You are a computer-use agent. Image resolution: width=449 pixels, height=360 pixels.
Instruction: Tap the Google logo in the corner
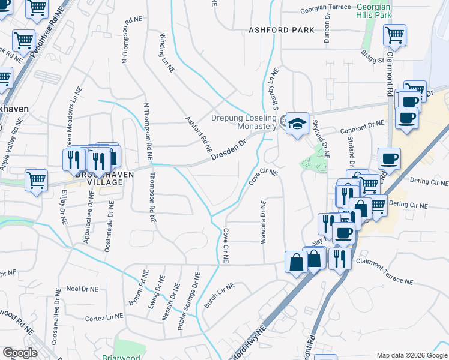pyautogui.click(x=20, y=353)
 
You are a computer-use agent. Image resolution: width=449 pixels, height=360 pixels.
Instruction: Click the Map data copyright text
pyautogui.click(x=412, y=355)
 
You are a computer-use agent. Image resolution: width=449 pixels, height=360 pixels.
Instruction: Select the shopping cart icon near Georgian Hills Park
pyautogui.click(x=394, y=35)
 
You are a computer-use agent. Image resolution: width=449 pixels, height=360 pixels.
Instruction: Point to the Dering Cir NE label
pyautogui.click(x=408, y=205)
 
